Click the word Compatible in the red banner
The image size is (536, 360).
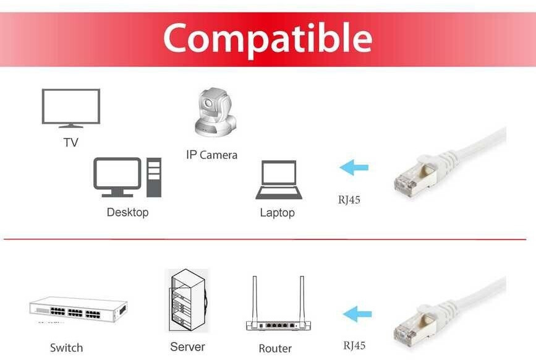[x=268, y=38]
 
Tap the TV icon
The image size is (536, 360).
[x=70, y=107]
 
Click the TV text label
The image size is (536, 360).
[x=70, y=142]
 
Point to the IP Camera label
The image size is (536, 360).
[x=211, y=155]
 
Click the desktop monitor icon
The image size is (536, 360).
[x=117, y=176]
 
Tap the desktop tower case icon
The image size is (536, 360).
[x=153, y=178]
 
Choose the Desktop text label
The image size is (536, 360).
[x=127, y=212]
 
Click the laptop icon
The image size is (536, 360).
[x=278, y=180]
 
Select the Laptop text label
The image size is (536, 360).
[x=277, y=213]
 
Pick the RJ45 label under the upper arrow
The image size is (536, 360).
[x=349, y=200]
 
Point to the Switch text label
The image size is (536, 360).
[x=66, y=348]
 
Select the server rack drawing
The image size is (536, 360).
[x=187, y=301]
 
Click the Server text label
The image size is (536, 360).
[x=187, y=346]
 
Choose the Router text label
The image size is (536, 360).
[x=275, y=348]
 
